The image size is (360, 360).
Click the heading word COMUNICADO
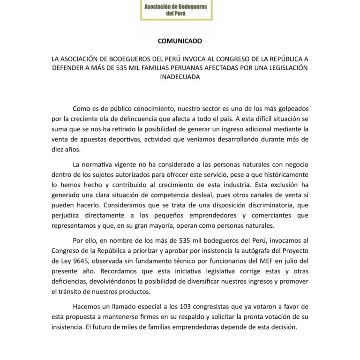(180, 41)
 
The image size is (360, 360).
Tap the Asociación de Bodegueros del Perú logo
(176, 10)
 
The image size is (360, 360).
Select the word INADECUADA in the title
(180, 77)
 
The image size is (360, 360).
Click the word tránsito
(70, 292)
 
